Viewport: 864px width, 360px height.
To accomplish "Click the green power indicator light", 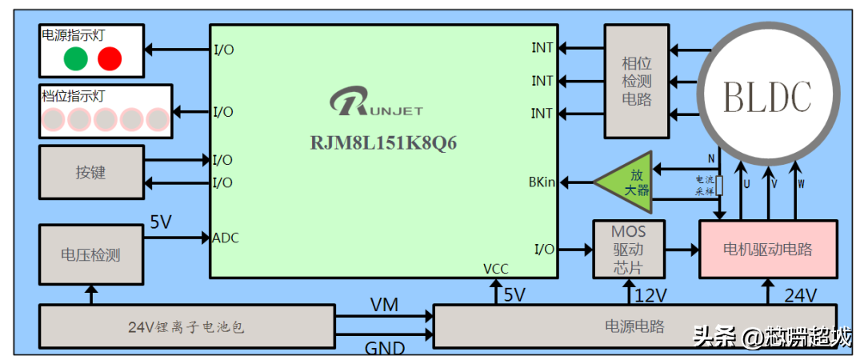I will tap(75, 58).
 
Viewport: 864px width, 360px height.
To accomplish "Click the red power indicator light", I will tap(110, 58).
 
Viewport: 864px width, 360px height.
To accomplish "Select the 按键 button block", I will tap(91, 172).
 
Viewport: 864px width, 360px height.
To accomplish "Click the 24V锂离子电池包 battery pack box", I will tap(186, 326).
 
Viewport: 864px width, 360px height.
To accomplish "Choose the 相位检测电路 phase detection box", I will tap(636, 81).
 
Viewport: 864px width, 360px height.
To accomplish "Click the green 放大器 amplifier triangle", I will tap(629, 182).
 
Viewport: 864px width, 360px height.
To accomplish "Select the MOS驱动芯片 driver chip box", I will tap(628, 249).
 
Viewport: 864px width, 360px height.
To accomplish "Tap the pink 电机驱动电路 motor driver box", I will tap(768, 250).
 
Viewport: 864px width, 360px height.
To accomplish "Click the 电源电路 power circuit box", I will tap(634, 326).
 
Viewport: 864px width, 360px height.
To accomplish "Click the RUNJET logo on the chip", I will tap(376, 105).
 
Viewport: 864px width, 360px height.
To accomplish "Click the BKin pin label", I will tap(542, 183).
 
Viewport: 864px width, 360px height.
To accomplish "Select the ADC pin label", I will tap(226, 238).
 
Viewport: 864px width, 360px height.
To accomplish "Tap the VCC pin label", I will tap(496, 269).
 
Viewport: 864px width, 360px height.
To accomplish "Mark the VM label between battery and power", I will tap(384, 305).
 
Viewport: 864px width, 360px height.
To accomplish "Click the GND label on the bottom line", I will tap(384, 349).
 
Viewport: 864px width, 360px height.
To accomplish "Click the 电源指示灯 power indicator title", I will tap(73, 35).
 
